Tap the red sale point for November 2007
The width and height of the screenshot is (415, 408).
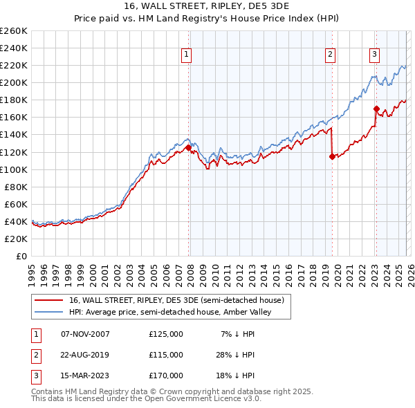click(x=188, y=147)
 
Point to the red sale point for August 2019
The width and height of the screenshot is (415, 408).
click(x=332, y=156)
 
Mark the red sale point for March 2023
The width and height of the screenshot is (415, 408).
click(x=376, y=109)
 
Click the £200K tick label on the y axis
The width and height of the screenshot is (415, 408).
click(x=14, y=82)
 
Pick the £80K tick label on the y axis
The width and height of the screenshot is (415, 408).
click(x=16, y=187)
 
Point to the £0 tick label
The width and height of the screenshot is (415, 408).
click(x=21, y=256)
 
